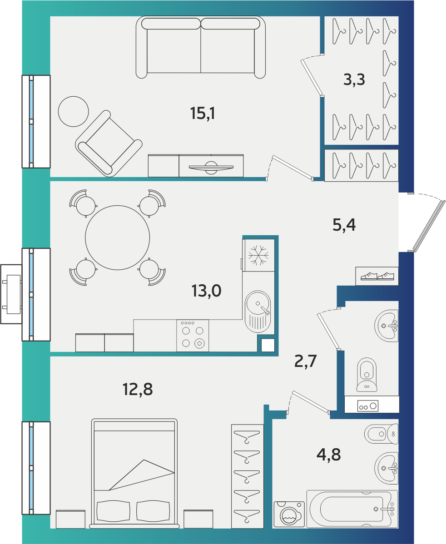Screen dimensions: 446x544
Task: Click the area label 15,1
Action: pyautogui.click(x=203, y=113)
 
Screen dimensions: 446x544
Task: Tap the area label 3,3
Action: pyautogui.click(x=354, y=79)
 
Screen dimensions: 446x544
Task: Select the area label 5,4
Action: pyautogui.click(x=344, y=225)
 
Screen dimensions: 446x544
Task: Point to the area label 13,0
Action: pyautogui.click(x=207, y=290)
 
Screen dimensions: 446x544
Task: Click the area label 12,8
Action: pyautogui.click(x=138, y=389)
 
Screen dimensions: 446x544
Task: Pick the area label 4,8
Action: pyautogui.click(x=329, y=455)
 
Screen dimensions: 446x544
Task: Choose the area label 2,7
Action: pyautogui.click(x=305, y=361)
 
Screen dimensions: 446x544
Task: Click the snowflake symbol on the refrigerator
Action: pyautogui.click(x=258, y=255)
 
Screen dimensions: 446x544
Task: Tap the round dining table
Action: pyautogui.click(x=118, y=237)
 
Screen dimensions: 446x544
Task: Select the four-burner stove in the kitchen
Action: pyautogui.click(x=193, y=336)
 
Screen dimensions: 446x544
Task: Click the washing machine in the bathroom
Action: pyautogui.click(x=289, y=514)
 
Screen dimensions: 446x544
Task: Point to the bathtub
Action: pyautogui.click(x=352, y=509)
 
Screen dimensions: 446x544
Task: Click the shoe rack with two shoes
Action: pyautogui.click(x=377, y=276)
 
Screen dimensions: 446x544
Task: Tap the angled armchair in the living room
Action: pyautogui.click(x=109, y=143)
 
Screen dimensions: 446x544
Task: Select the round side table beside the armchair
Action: pyautogui.click(x=74, y=111)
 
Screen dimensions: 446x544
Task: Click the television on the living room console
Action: pyautogui.click(x=211, y=167)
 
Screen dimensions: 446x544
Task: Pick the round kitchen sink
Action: pyautogui.click(x=258, y=312)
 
